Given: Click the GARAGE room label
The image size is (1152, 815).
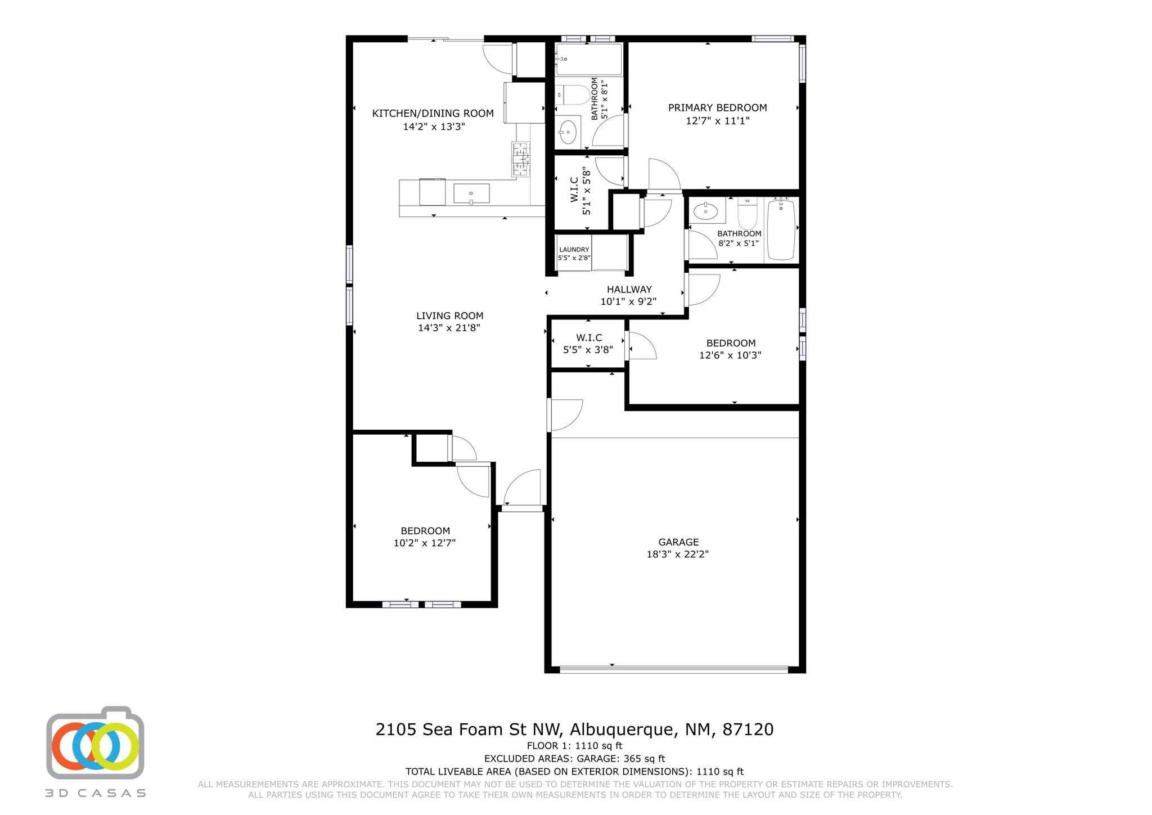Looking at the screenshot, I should pyautogui.click(x=678, y=542).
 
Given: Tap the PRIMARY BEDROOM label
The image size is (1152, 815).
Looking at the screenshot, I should pyautogui.click(x=717, y=108).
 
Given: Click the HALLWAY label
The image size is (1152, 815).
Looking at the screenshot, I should pyautogui.click(x=629, y=290).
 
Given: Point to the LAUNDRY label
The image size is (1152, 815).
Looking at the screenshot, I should pyautogui.click(x=574, y=250).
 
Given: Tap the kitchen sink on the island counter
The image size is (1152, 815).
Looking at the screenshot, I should pyautogui.click(x=471, y=193).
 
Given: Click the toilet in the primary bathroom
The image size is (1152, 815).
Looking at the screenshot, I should pyautogui.click(x=570, y=95).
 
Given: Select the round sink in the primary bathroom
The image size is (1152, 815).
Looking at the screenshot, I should pyautogui.click(x=568, y=133).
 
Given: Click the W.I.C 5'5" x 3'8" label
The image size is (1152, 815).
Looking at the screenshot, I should pyautogui.click(x=588, y=338).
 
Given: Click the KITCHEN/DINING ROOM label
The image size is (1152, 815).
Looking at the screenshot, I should pyautogui.click(x=433, y=114).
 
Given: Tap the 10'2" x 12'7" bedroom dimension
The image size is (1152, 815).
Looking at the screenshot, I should pyautogui.click(x=424, y=543).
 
